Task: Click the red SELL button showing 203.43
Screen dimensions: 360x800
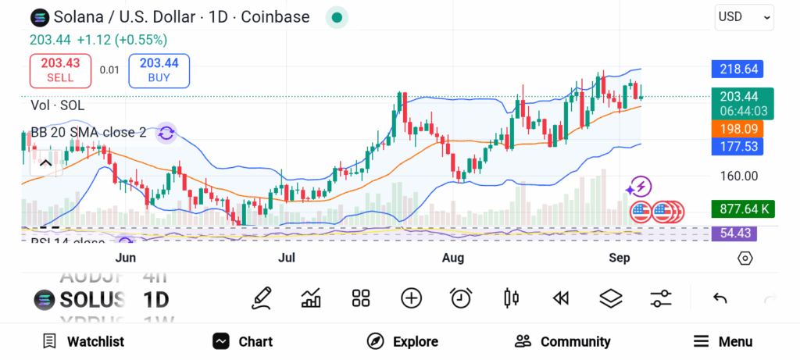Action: (60, 70)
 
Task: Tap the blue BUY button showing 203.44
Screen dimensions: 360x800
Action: (159, 70)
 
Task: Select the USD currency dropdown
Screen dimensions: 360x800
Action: (744, 16)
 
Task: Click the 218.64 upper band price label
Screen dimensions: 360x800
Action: (738, 70)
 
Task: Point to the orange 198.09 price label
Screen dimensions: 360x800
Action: (738, 129)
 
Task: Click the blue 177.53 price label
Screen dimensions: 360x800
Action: (738, 146)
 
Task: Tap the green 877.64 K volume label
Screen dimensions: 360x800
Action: (738, 209)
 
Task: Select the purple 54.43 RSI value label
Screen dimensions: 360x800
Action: (738, 233)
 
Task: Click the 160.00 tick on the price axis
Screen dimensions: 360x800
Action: (739, 176)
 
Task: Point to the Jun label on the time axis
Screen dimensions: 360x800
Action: (125, 258)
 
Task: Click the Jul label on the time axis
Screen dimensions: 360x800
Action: (287, 258)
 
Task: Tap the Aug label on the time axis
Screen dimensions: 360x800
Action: (453, 258)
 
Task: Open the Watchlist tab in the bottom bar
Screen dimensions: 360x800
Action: (84, 341)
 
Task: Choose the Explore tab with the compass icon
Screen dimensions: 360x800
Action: (402, 341)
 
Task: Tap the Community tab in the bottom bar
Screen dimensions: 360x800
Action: (562, 341)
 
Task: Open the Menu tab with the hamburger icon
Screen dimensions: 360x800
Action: (723, 341)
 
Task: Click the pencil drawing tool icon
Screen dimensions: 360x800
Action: (262, 298)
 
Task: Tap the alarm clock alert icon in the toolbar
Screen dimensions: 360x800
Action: (461, 298)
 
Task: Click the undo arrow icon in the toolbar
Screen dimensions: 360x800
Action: (720, 298)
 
